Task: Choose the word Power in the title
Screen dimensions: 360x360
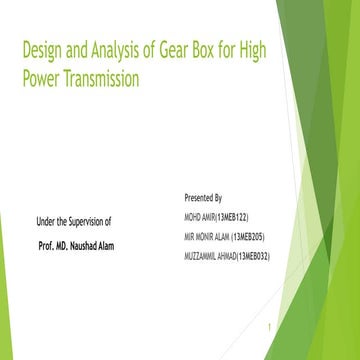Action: pos(41,78)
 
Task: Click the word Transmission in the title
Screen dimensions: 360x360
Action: pos(103,78)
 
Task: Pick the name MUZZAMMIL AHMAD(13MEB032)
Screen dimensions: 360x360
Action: pos(227,256)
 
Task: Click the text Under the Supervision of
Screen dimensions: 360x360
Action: pos(73,220)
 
